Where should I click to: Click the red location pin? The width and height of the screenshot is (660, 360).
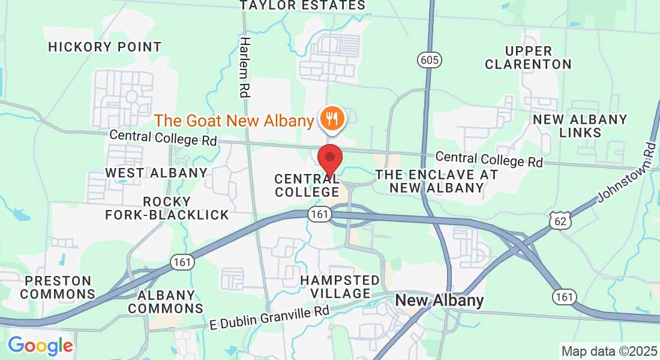pos(329,159)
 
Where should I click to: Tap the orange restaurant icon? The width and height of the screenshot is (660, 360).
pos(331,117)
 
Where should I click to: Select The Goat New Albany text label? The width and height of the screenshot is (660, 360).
pos(235,121)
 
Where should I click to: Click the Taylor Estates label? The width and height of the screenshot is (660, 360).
pos(302,5)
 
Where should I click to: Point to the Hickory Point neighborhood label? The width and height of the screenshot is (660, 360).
pos(105,47)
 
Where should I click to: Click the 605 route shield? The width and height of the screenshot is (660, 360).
pos(427,59)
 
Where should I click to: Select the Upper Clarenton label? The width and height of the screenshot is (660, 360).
pos(528,57)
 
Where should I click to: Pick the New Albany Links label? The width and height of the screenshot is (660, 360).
pos(580,125)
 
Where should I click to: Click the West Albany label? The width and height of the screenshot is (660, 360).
pos(156,173)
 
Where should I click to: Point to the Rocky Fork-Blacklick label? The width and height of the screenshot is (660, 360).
pos(167,208)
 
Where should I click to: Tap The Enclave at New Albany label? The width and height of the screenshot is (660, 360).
pos(436,181)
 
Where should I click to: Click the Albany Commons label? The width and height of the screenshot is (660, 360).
pos(170,302)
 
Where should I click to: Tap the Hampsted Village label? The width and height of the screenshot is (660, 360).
pos(340,287)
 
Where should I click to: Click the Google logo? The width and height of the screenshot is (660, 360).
pos(40,346)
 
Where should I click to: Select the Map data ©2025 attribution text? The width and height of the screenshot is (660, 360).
pos(608,350)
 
